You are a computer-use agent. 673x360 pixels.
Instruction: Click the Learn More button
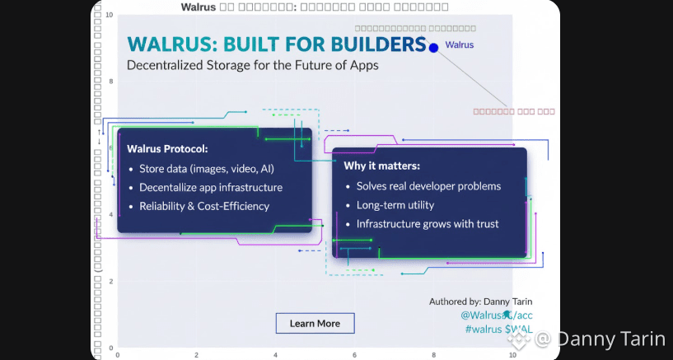(x=315, y=323)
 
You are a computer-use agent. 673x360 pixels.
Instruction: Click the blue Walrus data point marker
(x=433, y=48)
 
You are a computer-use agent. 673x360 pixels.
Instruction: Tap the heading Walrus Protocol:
(x=166, y=149)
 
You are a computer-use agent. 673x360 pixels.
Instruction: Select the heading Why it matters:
(x=381, y=166)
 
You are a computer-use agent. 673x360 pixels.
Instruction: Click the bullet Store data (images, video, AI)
(x=207, y=169)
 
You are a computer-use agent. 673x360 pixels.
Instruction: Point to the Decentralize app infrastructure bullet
(x=211, y=187)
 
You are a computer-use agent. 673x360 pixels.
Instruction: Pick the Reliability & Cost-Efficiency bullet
(x=204, y=206)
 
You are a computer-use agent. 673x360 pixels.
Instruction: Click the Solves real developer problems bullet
(x=428, y=186)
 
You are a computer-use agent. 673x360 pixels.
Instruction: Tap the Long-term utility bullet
(x=395, y=205)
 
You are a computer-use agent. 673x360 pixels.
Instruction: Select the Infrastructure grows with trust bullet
(x=428, y=223)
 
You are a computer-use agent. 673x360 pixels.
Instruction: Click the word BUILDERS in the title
(x=381, y=44)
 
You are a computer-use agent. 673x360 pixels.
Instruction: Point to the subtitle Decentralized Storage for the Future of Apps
(x=252, y=65)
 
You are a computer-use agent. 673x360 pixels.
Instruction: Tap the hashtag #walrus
(x=482, y=330)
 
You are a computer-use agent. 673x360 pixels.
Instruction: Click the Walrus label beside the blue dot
(x=460, y=45)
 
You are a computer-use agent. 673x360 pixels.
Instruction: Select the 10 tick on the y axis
(x=109, y=14)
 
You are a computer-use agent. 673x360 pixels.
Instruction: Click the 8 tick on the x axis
(x=433, y=354)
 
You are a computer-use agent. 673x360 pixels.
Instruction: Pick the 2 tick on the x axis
(x=197, y=354)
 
